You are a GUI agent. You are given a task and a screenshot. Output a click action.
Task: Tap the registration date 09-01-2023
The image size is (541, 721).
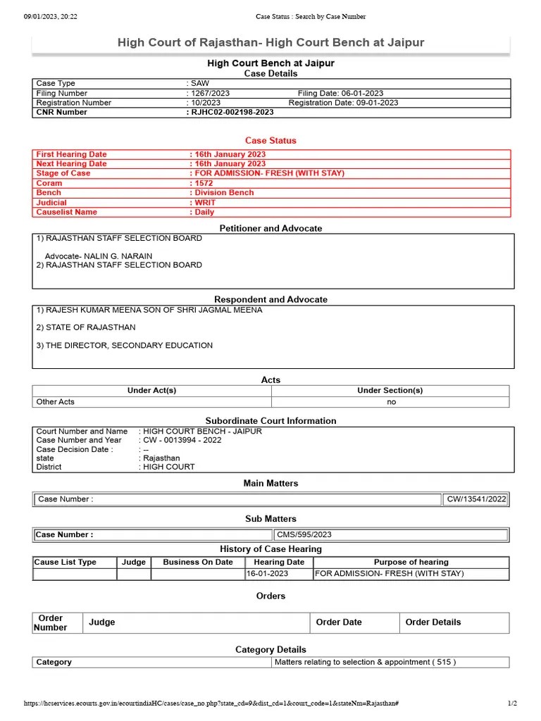(x=343, y=103)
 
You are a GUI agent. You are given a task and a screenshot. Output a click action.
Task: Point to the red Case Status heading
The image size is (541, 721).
(x=270, y=141)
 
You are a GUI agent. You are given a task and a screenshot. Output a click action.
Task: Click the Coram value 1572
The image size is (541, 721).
(x=204, y=183)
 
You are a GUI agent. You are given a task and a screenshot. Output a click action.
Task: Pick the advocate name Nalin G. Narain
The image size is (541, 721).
(x=99, y=256)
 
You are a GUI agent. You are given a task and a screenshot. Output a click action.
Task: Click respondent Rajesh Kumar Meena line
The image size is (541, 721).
(x=149, y=310)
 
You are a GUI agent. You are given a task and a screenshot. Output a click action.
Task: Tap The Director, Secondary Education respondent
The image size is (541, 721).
(x=125, y=346)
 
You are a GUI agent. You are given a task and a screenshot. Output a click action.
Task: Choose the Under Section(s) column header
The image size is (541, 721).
(x=390, y=391)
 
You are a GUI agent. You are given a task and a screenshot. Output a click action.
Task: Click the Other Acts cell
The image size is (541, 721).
(x=56, y=402)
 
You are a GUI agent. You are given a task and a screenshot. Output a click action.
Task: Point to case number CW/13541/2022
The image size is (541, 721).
(x=476, y=499)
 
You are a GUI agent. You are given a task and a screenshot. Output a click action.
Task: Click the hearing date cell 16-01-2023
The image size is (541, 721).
(x=267, y=574)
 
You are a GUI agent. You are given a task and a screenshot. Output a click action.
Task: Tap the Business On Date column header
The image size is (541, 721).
(x=198, y=563)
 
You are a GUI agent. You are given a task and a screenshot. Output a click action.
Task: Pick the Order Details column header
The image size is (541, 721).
(x=433, y=622)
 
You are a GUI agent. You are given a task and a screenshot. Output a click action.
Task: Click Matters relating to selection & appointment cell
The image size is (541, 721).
(x=365, y=663)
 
